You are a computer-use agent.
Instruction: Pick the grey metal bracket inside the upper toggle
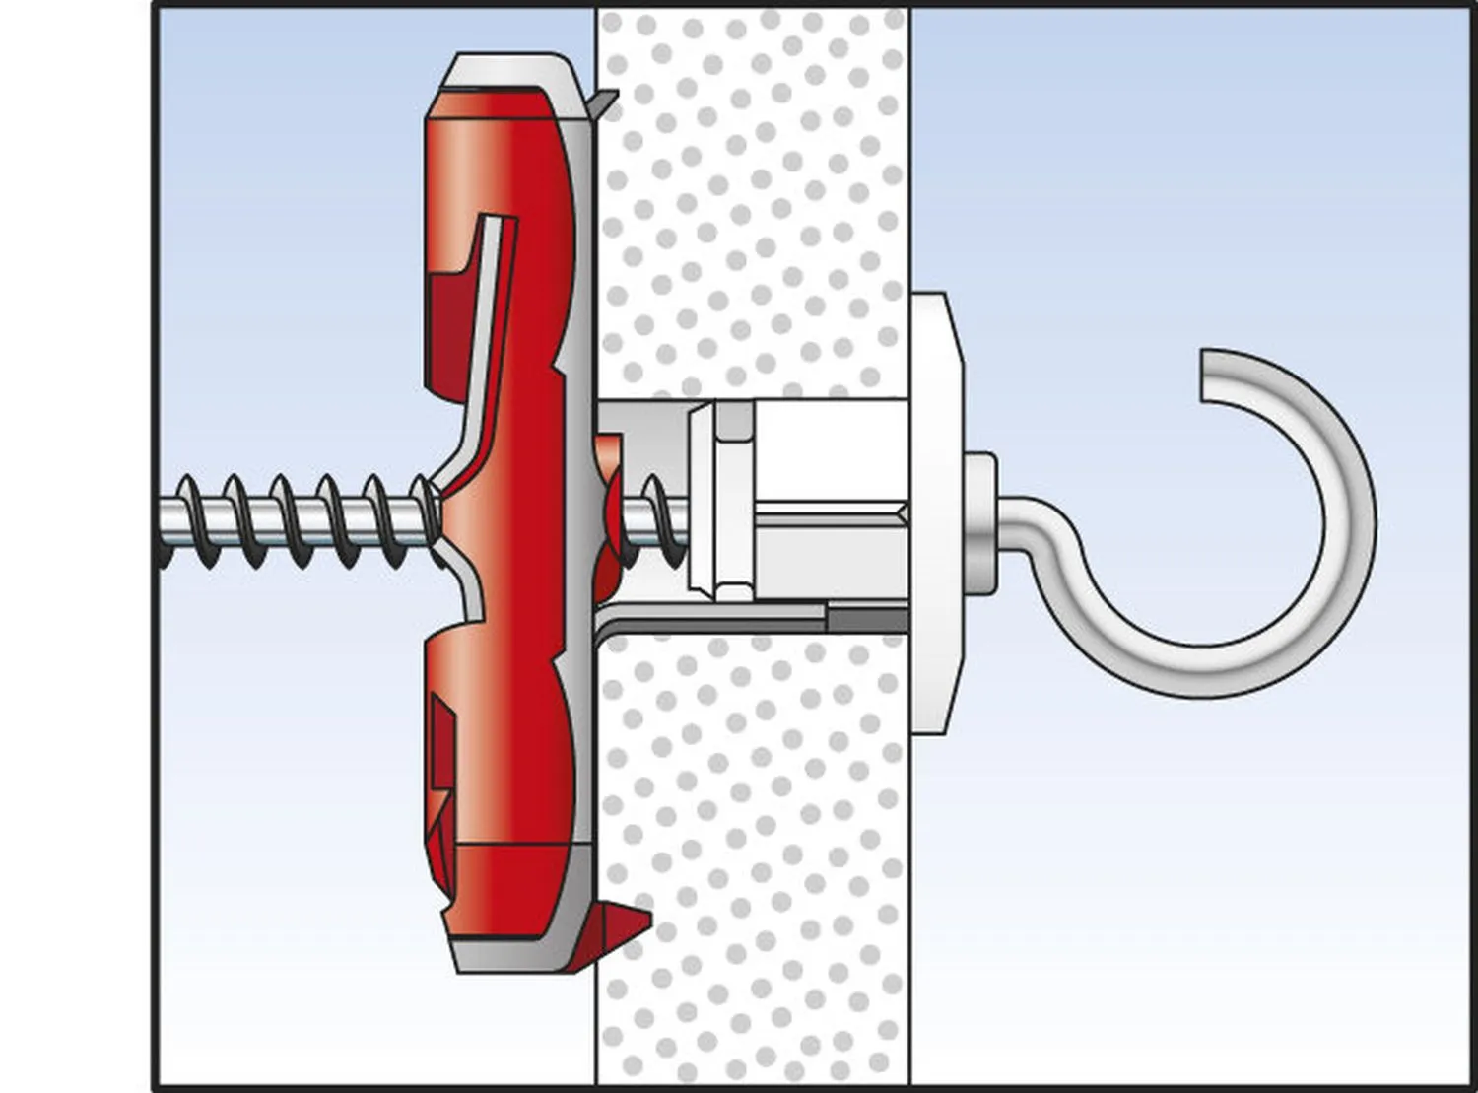click(488, 325)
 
